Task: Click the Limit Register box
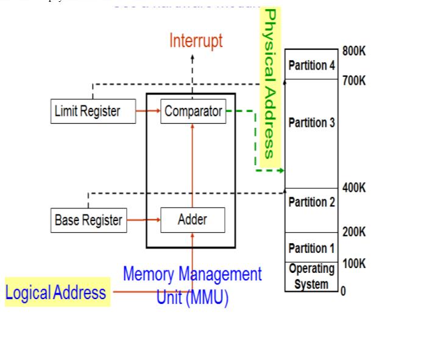(x=93, y=111)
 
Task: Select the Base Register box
(x=88, y=220)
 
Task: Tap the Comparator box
(x=193, y=111)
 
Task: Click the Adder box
(x=193, y=220)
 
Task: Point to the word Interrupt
(x=196, y=41)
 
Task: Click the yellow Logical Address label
(x=56, y=292)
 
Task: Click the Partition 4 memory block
(x=311, y=65)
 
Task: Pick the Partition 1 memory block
(x=311, y=247)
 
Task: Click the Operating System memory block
(x=311, y=277)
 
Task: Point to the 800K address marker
(x=354, y=51)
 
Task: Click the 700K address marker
(x=354, y=80)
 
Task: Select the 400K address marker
(x=354, y=188)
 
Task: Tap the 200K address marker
(x=354, y=232)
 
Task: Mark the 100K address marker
(x=354, y=264)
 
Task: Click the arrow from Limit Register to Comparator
(x=148, y=111)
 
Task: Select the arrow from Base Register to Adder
(x=143, y=220)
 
